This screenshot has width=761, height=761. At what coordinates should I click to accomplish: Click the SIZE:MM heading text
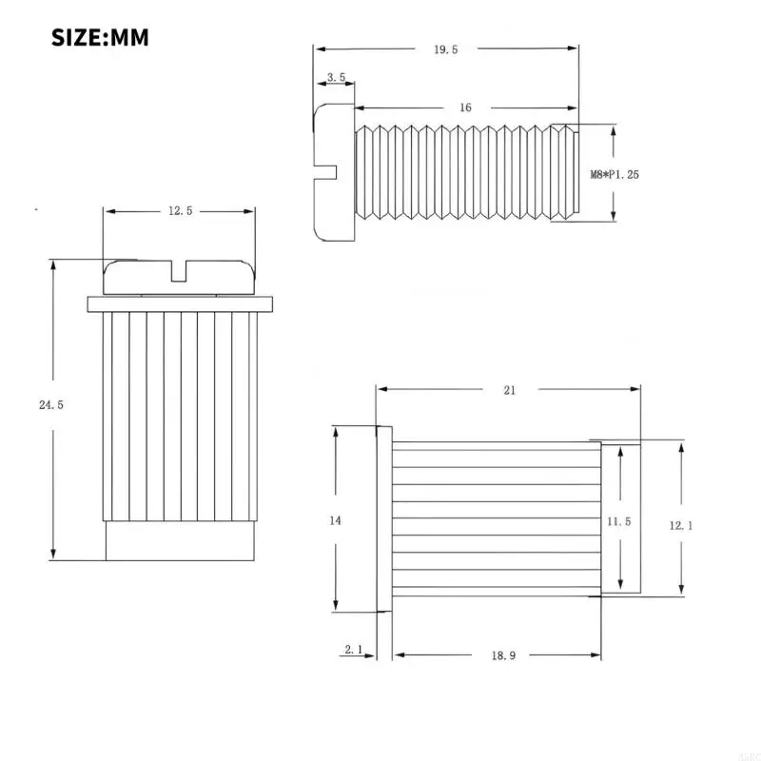click(x=100, y=38)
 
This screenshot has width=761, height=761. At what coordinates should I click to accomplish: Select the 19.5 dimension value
click(x=445, y=49)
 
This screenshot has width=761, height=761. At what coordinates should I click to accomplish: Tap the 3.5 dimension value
click(x=336, y=77)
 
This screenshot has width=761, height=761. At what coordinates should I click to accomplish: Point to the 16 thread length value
click(x=465, y=107)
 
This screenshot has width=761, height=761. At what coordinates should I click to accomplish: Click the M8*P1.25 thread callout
click(x=615, y=175)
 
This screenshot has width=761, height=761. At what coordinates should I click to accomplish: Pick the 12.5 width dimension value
click(x=181, y=210)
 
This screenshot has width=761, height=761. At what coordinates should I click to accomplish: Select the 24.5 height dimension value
click(x=51, y=404)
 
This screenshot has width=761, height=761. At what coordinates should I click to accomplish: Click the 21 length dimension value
click(x=509, y=390)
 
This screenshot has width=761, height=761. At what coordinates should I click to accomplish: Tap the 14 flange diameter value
click(x=335, y=520)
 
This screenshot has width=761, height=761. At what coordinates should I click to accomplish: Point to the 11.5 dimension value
click(x=619, y=521)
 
